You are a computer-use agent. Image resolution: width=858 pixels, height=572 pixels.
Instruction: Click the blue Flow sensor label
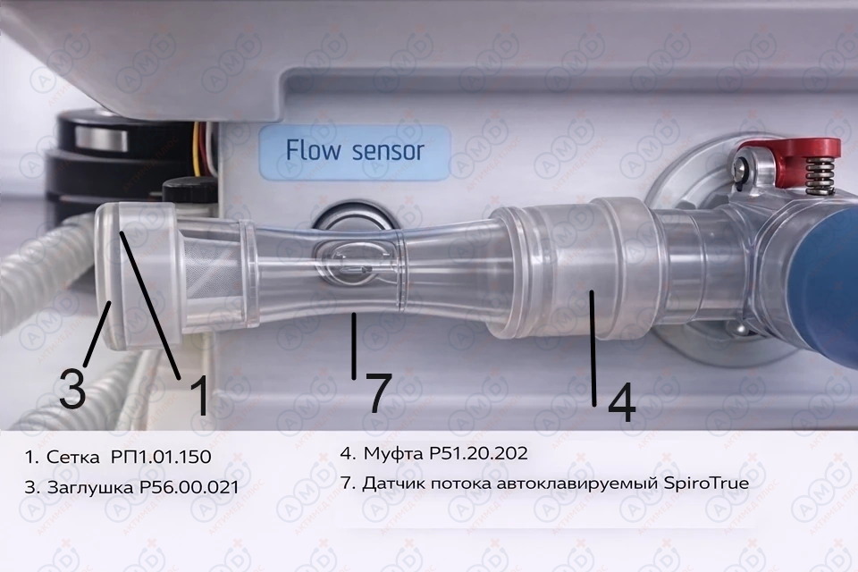[x=355, y=153]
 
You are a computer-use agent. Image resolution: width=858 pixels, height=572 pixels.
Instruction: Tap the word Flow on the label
[x=313, y=150]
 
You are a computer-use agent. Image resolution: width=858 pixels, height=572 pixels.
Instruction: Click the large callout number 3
[x=72, y=388]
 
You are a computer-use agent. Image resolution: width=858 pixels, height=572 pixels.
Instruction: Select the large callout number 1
[x=199, y=395]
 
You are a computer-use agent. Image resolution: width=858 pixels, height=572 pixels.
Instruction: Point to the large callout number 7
[x=379, y=392]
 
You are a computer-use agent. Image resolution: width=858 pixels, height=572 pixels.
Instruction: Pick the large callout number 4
[x=622, y=402]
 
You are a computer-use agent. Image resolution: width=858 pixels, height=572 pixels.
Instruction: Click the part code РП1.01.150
[x=161, y=457]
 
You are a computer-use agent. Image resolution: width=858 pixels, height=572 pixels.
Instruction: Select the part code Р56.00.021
[x=189, y=487]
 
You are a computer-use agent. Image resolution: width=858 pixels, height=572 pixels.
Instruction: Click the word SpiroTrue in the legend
[x=706, y=484]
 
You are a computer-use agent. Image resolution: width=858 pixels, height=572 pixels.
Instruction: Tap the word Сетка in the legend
[x=74, y=457]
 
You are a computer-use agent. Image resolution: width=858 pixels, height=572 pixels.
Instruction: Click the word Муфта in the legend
[x=393, y=454]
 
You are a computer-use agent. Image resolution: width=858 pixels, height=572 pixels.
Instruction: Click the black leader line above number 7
[x=354, y=345]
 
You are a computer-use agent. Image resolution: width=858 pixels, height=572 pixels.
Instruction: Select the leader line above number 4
[x=593, y=349]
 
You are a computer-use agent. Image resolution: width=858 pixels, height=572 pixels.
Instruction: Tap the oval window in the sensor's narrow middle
[x=354, y=263]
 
